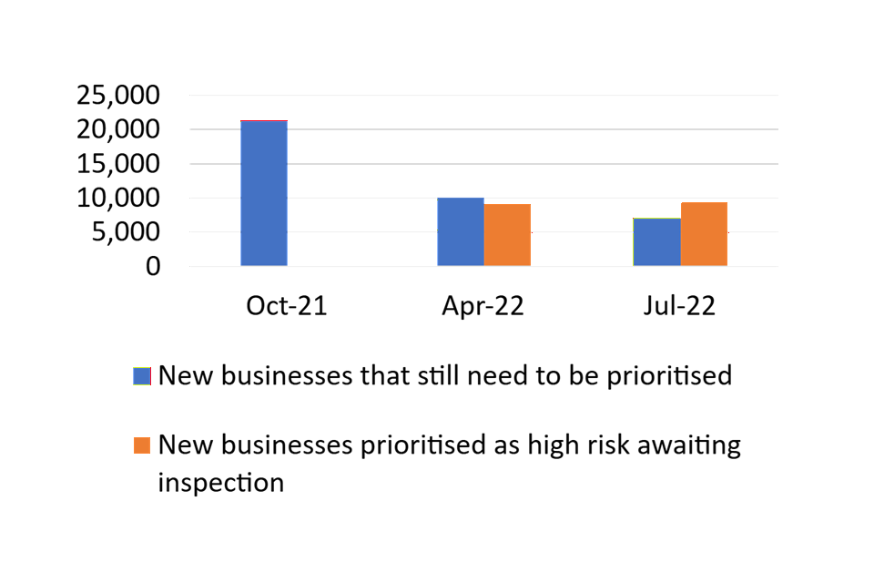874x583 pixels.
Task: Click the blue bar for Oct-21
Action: pyautogui.click(x=264, y=193)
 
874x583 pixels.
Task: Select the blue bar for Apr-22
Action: pyautogui.click(x=461, y=231)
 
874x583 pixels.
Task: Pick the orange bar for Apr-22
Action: pyautogui.click(x=507, y=235)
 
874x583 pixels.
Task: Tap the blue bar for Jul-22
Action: pyautogui.click(x=657, y=241)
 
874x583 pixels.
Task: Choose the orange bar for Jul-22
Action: pyautogui.click(x=704, y=234)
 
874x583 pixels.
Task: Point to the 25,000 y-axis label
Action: pyautogui.click(x=118, y=95)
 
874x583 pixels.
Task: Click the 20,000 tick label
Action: pyautogui.click(x=118, y=129)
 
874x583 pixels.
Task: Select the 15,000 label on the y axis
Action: pyautogui.click(x=118, y=164)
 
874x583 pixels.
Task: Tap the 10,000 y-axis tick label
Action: pyautogui.click(x=118, y=198)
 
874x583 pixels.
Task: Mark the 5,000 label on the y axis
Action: pyautogui.click(x=126, y=231)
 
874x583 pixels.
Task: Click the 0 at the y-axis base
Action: pyautogui.click(x=153, y=266)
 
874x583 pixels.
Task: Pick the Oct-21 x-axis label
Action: pyautogui.click(x=287, y=306)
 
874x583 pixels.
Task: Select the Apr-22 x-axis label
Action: pyautogui.click(x=483, y=306)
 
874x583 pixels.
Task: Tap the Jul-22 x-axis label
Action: pyautogui.click(x=679, y=306)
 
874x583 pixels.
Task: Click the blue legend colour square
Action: pyautogui.click(x=142, y=376)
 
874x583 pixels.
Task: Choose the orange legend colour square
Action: pyautogui.click(x=142, y=445)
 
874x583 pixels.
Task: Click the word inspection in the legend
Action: pyautogui.click(x=220, y=483)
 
